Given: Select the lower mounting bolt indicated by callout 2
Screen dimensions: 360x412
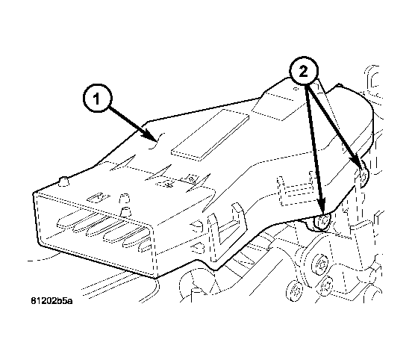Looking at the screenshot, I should [321, 221].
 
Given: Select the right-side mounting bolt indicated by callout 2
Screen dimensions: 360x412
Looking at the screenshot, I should [362, 175].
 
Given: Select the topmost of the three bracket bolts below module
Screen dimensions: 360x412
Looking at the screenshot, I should [319, 263].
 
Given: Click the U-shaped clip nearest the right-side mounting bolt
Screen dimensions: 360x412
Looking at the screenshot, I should [287, 186].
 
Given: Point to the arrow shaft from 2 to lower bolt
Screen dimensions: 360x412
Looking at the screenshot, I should [314, 149].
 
